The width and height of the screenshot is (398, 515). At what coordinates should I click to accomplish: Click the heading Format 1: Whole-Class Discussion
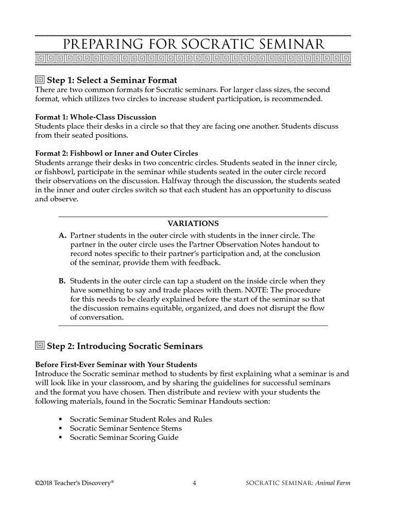pos(95,117)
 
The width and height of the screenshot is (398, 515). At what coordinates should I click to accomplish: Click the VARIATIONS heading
pos(193,224)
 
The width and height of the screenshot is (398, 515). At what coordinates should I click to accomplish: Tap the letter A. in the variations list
pos(63,235)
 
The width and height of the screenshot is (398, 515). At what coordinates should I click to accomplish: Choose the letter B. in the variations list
pos(63,281)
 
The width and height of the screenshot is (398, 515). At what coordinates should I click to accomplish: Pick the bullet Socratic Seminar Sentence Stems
pos(125,428)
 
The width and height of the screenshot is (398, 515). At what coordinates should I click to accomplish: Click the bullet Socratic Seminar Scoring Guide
pos(124,438)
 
